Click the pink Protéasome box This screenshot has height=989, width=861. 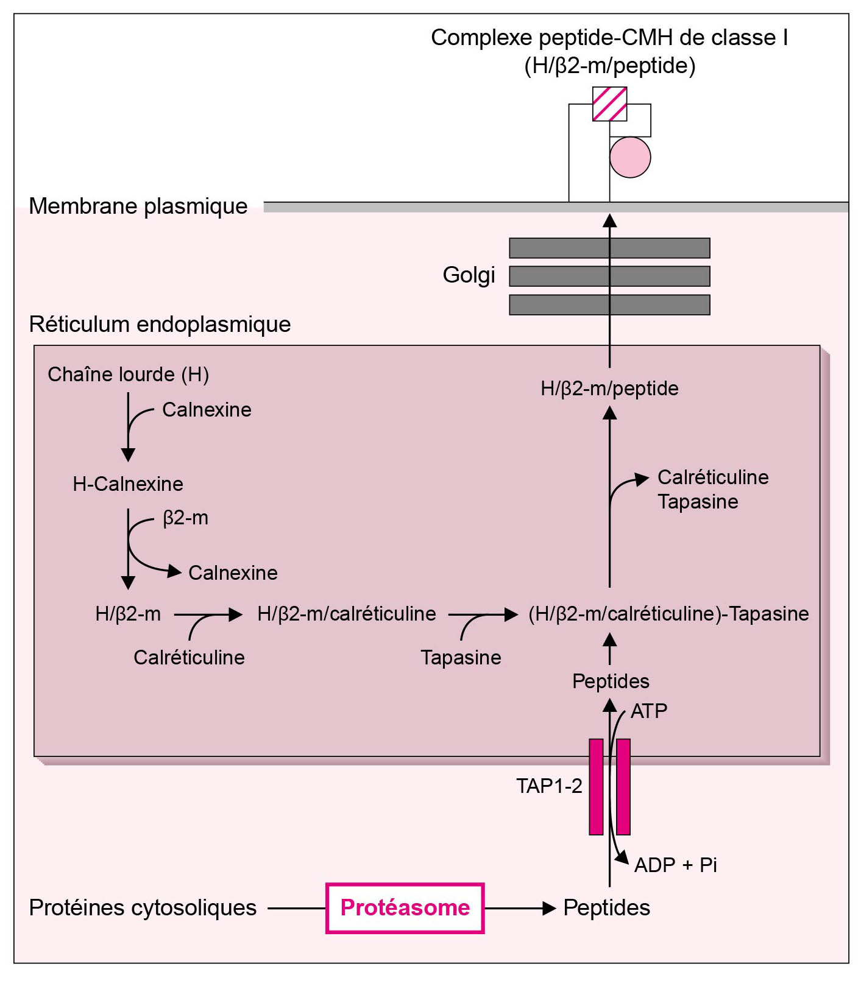[405, 908]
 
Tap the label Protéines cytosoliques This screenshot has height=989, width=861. [143, 908]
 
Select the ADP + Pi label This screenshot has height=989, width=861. [675, 865]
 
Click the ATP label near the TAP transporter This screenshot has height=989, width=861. [649, 711]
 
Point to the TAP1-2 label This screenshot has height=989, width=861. [549, 786]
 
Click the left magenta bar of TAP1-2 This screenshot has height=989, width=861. [596, 787]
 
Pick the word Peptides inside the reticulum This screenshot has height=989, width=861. [611, 681]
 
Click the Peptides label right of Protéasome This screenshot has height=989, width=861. [606, 908]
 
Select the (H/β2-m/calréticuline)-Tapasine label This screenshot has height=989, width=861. [668, 614]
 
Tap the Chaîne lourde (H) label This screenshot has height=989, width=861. [128, 374]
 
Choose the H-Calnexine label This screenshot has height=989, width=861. [128, 484]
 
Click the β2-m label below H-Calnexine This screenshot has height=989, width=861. [185, 518]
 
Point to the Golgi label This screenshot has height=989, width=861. [469, 275]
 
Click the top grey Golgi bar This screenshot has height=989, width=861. [609, 248]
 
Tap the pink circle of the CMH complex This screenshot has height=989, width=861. [630, 157]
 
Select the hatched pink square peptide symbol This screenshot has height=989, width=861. [609, 104]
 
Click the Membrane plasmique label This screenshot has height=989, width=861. [138, 206]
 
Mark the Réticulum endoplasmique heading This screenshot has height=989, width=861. [160, 325]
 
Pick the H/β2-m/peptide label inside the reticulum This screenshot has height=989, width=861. [609, 389]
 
